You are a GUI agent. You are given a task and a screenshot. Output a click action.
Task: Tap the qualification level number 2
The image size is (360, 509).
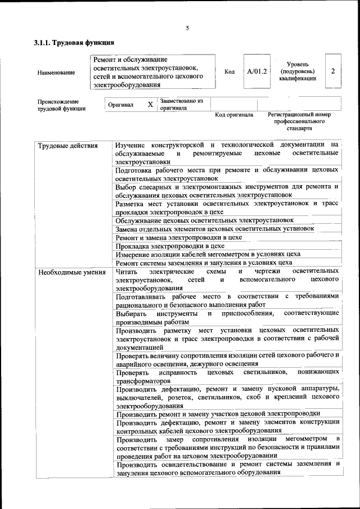334,71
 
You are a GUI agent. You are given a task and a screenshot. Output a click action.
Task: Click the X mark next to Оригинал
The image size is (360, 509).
150,105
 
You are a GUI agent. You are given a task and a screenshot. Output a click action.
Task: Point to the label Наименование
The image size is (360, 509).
56,73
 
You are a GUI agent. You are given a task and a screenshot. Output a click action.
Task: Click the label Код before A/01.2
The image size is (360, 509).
229,72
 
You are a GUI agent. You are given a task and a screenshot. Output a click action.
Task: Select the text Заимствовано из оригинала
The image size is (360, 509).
181,105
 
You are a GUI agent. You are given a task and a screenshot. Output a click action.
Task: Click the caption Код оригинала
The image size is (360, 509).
234,115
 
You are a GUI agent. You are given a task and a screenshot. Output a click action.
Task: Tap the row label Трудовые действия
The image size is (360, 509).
67,146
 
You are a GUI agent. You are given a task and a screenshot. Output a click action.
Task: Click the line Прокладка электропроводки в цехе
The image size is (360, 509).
170,246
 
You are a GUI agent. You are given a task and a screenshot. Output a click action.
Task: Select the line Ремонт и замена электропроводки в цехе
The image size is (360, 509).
179,237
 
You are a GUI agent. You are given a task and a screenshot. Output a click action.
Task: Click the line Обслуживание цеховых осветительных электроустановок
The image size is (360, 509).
205,220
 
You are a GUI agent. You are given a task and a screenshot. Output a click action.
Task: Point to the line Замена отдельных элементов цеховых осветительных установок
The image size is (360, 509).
214,229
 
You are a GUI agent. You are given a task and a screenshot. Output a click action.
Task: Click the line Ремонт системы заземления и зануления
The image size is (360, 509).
204,263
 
